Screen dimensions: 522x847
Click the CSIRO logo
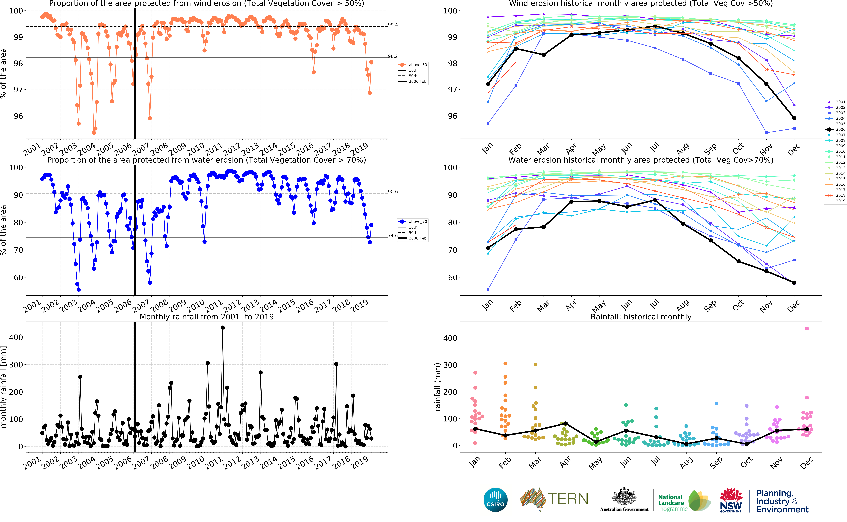tap(495, 500)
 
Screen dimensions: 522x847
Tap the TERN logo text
tap(568, 499)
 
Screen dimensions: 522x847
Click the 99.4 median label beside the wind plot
tap(393, 25)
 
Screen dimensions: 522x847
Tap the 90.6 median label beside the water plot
tap(393, 192)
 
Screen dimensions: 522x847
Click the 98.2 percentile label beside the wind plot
tap(393, 56)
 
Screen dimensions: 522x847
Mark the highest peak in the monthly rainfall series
tap(223, 328)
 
